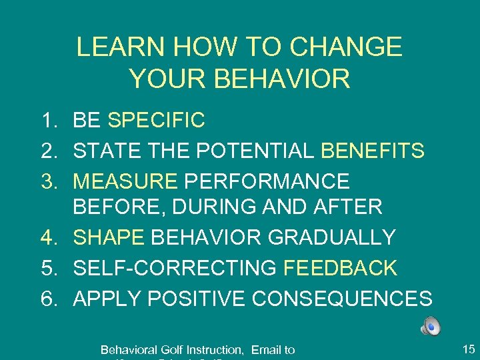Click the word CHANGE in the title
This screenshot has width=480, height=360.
coord(346,47)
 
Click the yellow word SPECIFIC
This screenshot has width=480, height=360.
coord(156,121)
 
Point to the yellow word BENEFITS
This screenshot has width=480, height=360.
coord(373,151)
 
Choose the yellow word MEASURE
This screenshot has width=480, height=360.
coord(125,181)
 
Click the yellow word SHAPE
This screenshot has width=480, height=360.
coord(109,237)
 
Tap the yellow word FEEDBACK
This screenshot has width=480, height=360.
coord(340,268)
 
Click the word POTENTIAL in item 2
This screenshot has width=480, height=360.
coord(256,151)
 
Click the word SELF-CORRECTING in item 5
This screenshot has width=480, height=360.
coord(175,268)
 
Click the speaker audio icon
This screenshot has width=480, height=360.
coord(431,326)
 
